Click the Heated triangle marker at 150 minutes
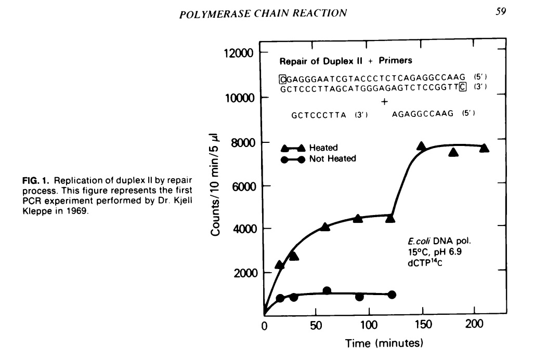422,146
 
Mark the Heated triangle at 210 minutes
484,148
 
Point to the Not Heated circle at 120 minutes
392,295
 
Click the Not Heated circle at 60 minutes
327,291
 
